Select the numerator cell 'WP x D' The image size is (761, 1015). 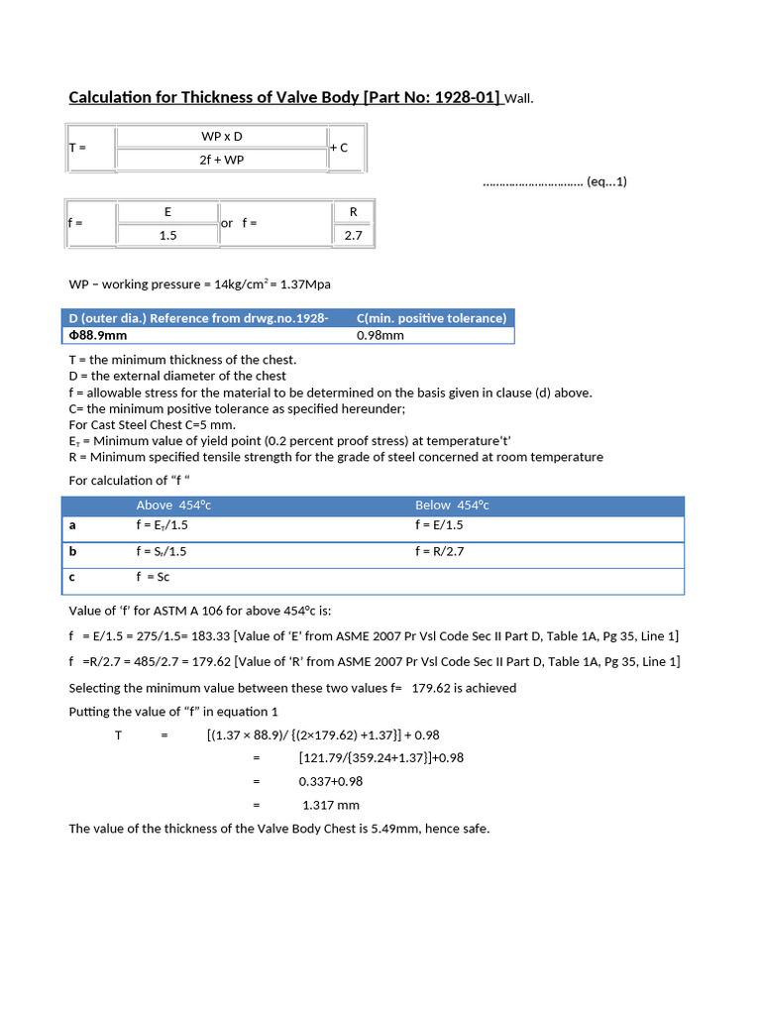click(x=222, y=136)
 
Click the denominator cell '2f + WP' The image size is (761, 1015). click(x=222, y=159)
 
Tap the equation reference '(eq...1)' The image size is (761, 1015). click(x=606, y=181)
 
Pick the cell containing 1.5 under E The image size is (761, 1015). click(x=167, y=235)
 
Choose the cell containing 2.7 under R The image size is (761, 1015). click(x=353, y=235)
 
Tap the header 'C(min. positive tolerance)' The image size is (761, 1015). click(x=431, y=318)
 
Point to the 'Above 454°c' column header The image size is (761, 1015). click(x=173, y=506)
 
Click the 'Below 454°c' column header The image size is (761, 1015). click(x=452, y=506)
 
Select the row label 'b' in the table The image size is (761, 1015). click(x=73, y=551)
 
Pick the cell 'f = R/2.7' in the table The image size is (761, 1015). click(x=441, y=551)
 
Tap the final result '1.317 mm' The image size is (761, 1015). click(x=331, y=805)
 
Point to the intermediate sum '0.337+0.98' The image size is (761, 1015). click(x=332, y=781)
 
